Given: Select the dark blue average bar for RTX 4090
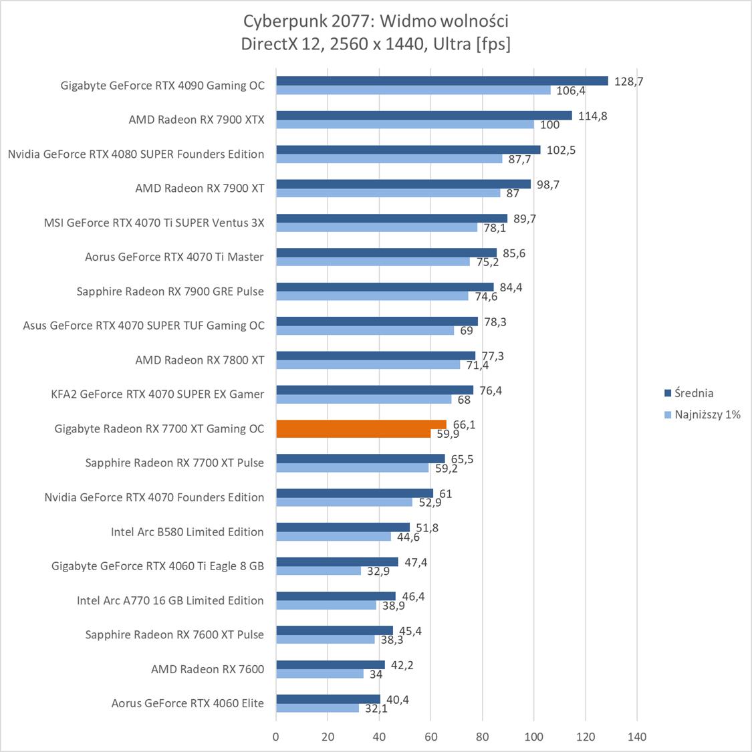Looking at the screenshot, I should pos(442,81).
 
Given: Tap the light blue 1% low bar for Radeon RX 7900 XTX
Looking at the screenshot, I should pos(405,124).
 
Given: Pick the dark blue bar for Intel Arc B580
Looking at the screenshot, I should pos(343,527).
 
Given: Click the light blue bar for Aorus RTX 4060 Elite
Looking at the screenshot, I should pos(318,708).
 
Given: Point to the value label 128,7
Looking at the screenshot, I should pos(628,81).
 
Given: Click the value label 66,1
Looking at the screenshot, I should pos(464,424).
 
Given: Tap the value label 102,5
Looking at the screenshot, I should pos(561,150).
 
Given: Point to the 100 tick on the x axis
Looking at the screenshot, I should pos(534,737).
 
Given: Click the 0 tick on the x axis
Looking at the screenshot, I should pos(276,737).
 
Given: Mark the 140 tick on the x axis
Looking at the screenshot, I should pos(637,737).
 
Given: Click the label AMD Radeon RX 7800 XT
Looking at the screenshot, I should pos(199,360).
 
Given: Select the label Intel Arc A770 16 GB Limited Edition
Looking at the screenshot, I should pos(170,600).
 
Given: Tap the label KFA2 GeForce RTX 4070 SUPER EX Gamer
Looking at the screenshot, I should pos(157,394).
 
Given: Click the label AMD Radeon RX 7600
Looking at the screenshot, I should pos(207,668).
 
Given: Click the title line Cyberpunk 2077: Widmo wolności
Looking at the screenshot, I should pos(376,21).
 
